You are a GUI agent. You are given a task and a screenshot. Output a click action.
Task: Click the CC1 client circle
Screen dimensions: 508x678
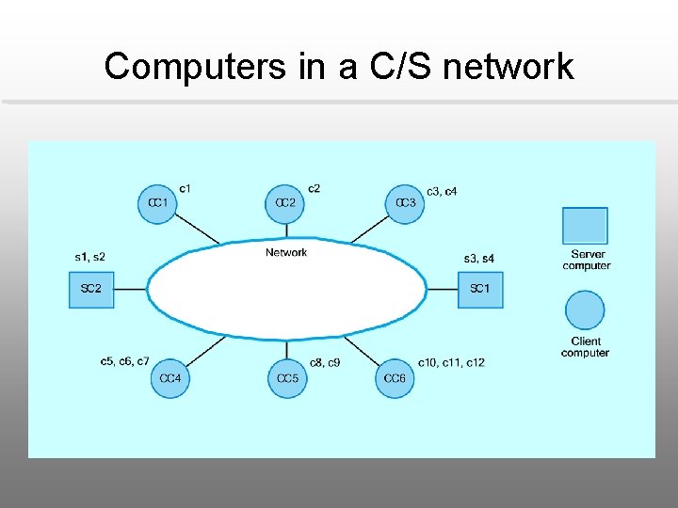pos(157,203)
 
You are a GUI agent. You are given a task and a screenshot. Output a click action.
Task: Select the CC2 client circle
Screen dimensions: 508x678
pos(285,203)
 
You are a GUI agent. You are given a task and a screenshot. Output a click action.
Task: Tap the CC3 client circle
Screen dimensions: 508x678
pos(405,203)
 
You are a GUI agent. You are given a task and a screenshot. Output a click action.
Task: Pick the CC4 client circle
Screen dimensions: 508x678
pos(170,378)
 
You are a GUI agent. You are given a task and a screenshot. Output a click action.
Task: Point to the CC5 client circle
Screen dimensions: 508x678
pos(287,378)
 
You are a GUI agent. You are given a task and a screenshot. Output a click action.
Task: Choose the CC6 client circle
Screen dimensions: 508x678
pos(395,378)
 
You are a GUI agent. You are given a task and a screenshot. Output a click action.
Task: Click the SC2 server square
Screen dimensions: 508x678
pos(90,289)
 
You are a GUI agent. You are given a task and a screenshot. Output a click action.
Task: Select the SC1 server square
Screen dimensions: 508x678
pos(480,289)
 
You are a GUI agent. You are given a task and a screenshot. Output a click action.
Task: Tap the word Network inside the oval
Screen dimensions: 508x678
pos(286,252)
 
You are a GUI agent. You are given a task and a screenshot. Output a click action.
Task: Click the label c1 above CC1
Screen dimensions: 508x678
pos(185,188)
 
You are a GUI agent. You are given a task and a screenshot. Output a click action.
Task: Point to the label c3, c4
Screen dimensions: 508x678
pos(442,192)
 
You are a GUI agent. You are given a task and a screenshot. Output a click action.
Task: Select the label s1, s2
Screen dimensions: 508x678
pos(90,257)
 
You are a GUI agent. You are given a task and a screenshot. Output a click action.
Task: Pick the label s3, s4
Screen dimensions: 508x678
pos(479,259)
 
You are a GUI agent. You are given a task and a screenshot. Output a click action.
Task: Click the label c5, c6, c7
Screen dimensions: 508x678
pos(124,361)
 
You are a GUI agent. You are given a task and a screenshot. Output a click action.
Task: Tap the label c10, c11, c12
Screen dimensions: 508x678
pos(451,362)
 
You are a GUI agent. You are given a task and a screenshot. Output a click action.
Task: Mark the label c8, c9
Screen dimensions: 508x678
pos(325,362)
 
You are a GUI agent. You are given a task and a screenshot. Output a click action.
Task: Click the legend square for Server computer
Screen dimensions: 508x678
pos(585,226)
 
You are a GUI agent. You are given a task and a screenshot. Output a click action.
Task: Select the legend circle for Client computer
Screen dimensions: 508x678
pos(585,310)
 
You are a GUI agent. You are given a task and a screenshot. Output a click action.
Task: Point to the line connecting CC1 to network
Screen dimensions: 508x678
pos(198,229)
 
